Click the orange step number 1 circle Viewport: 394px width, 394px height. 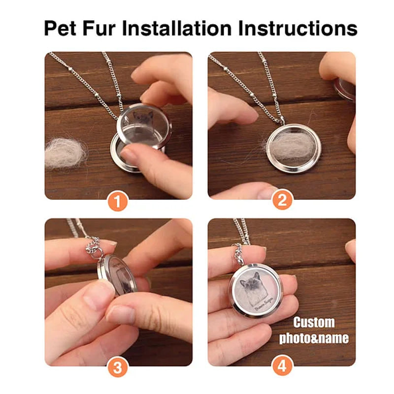click(x=118, y=201)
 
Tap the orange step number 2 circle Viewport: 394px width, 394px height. click(x=282, y=201)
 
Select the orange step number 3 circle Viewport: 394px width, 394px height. click(x=118, y=367)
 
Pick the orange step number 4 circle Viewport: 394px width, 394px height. click(x=282, y=367)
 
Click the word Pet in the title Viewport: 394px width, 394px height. click(x=61, y=29)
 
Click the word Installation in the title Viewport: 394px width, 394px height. click(x=177, y=29)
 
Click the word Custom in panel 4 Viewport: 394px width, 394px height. click(x=314, y=323)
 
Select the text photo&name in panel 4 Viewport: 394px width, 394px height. click(x=314, y=338)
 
